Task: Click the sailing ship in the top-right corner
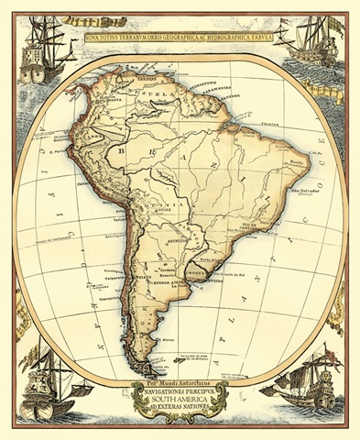click(x=316, y=46)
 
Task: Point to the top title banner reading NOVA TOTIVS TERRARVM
click(x=180, y=38)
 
